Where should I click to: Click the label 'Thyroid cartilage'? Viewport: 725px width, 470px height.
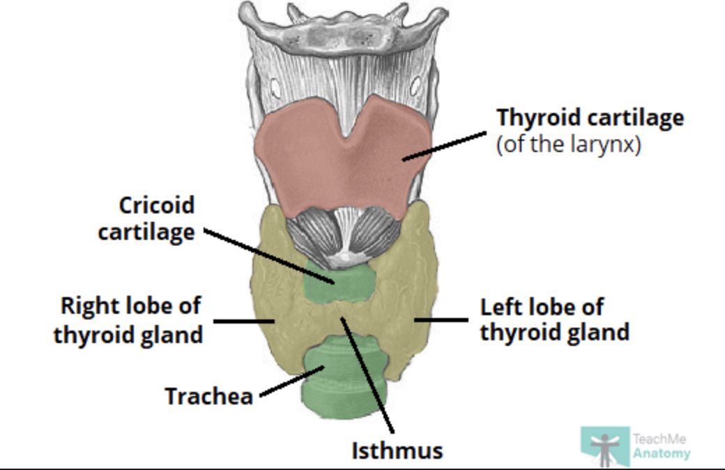click(590, 118)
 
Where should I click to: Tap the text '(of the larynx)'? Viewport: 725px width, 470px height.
click(567, 146)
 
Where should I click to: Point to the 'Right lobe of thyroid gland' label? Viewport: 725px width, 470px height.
click(129, 320)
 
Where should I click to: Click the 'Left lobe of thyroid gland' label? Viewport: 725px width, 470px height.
click(554, 319)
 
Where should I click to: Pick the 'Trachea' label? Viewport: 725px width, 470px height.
click(209, 396)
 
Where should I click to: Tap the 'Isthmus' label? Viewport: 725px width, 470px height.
click(397, 450)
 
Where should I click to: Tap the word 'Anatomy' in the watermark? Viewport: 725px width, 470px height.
click(662, 453)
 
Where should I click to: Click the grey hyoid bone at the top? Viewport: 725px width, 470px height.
click(342, 24)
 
